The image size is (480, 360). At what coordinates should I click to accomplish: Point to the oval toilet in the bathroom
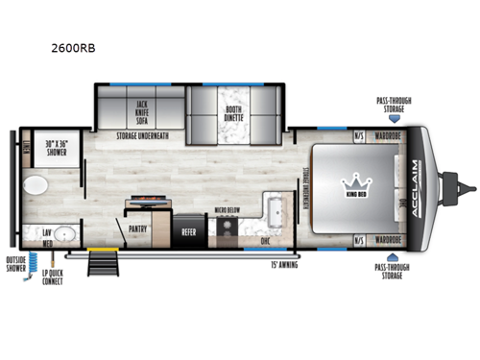pos(36,184)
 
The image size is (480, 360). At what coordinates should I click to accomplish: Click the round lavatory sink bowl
pos(64,233)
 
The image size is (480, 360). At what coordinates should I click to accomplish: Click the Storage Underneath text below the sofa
pos(142,136)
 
